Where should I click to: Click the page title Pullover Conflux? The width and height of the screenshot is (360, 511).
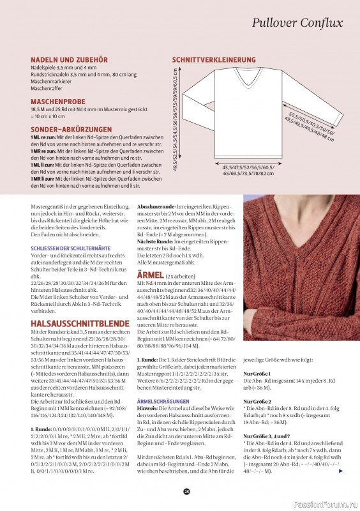tap(297, 23)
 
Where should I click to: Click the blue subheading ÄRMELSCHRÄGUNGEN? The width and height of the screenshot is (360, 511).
tap(163, 400)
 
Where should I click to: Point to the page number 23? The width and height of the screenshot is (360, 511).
tap(186, 491)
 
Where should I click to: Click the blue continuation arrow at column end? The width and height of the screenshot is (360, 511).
tap(341, 471)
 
